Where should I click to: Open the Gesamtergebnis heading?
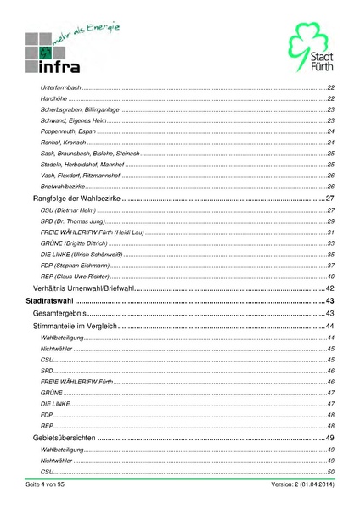[x=61, y=314]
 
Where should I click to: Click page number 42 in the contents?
[x=331, y=288]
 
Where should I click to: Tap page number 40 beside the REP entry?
[x=331, y=277]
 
